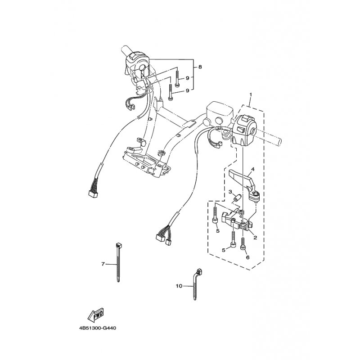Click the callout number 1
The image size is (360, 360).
251,94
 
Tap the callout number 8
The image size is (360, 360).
200,67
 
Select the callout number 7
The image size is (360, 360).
103,264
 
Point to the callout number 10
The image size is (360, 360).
179,286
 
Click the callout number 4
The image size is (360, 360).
252,170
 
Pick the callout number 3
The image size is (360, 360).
230,192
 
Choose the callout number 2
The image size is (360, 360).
255,238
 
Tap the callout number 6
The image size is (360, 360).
247,257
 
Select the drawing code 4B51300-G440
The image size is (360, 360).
98,328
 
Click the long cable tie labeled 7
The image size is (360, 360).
118,262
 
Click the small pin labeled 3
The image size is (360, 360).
236,198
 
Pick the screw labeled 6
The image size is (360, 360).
243,243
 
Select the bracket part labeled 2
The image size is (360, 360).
237,220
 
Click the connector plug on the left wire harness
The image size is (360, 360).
93,194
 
